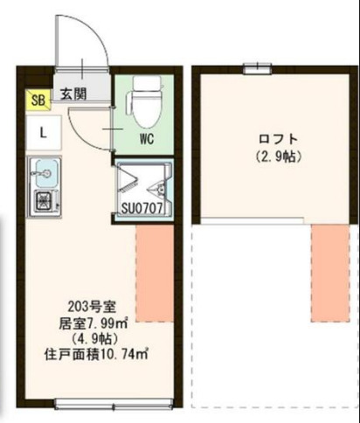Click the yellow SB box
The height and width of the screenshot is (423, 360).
coord(38,99)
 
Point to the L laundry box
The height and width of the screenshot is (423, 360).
coord(41,132)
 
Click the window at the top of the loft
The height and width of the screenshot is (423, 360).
coord(258,66)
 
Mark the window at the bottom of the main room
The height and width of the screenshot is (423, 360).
coord(98,404)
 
